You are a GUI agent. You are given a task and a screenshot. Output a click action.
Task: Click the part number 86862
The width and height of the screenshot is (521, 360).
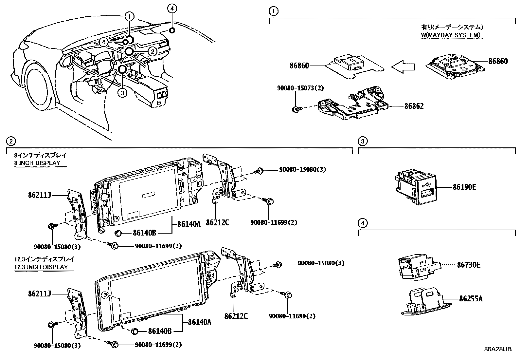coord(414,106)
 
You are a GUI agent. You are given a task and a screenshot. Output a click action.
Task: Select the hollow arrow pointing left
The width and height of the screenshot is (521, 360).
coord(403,67)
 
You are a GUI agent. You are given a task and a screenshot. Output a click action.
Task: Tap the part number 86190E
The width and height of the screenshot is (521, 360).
coord(464,187)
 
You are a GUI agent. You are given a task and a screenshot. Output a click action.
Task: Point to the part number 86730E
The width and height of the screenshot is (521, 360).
coord(469,265)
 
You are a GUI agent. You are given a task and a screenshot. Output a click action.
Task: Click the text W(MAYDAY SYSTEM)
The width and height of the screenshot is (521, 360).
coord(451,35)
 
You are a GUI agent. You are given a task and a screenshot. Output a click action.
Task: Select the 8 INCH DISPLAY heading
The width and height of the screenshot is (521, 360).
coord(37,163)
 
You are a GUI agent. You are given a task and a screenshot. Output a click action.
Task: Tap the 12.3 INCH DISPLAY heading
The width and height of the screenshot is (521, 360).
coord(41,267)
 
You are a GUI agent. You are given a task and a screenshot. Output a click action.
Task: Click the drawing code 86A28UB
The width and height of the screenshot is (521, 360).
coord(498,349)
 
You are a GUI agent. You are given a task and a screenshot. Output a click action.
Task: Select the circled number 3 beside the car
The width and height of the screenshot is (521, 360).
coord(122,93)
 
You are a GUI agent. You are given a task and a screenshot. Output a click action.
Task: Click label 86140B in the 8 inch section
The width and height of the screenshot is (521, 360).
coord(144,233)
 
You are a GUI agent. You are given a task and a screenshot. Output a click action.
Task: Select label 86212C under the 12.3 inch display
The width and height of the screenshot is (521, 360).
coord(236,316)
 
